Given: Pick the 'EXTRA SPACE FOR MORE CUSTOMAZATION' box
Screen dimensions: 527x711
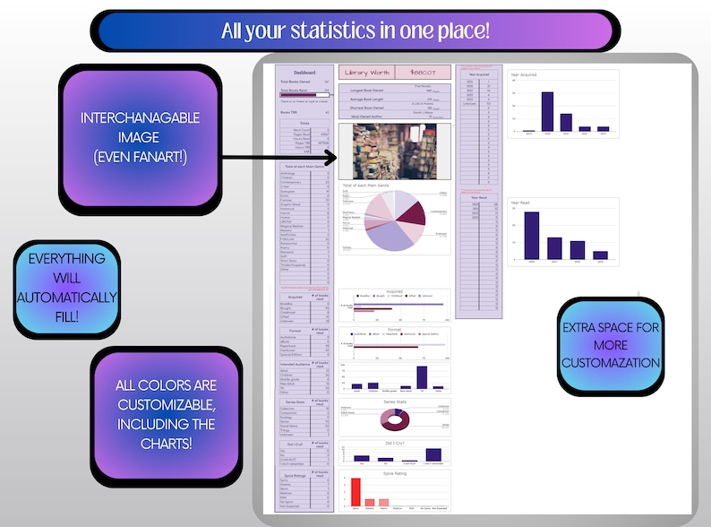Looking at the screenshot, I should (x=611, y=345).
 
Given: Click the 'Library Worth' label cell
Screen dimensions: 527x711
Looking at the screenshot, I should (x=366, y=73).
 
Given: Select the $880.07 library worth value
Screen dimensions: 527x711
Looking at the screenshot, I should (x=423, y=73).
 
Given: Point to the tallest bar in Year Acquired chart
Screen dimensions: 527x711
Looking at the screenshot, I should (x=547, y=111).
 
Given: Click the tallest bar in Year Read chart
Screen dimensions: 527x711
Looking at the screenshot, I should (x=532, y=235).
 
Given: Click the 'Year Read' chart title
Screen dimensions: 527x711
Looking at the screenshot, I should (x=521, y=203).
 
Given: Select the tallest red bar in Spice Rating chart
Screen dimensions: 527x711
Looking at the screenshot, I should (x=355, y=493).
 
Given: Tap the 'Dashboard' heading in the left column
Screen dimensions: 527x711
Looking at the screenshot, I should (x=304, y=72).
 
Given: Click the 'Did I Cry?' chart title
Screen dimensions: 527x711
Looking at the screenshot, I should (x=394, y=444).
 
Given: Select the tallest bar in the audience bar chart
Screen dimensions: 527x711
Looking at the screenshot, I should (x=422, y=376).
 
